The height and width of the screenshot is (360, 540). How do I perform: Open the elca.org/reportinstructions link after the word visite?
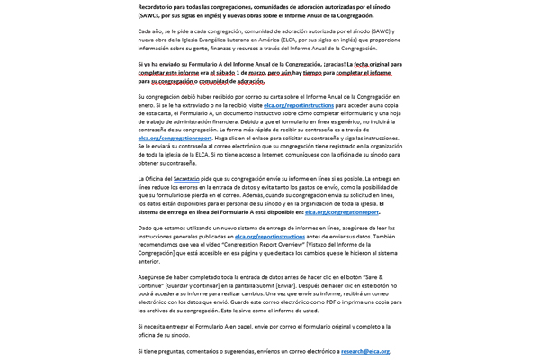pos(299,105)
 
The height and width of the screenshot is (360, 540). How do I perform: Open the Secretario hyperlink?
pos(187,179)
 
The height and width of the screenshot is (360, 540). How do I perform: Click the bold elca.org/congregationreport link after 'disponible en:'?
pos(342,212)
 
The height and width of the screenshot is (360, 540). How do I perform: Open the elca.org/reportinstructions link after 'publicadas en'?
pos(270,237)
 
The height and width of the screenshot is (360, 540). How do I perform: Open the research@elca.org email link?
pos(365,351)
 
